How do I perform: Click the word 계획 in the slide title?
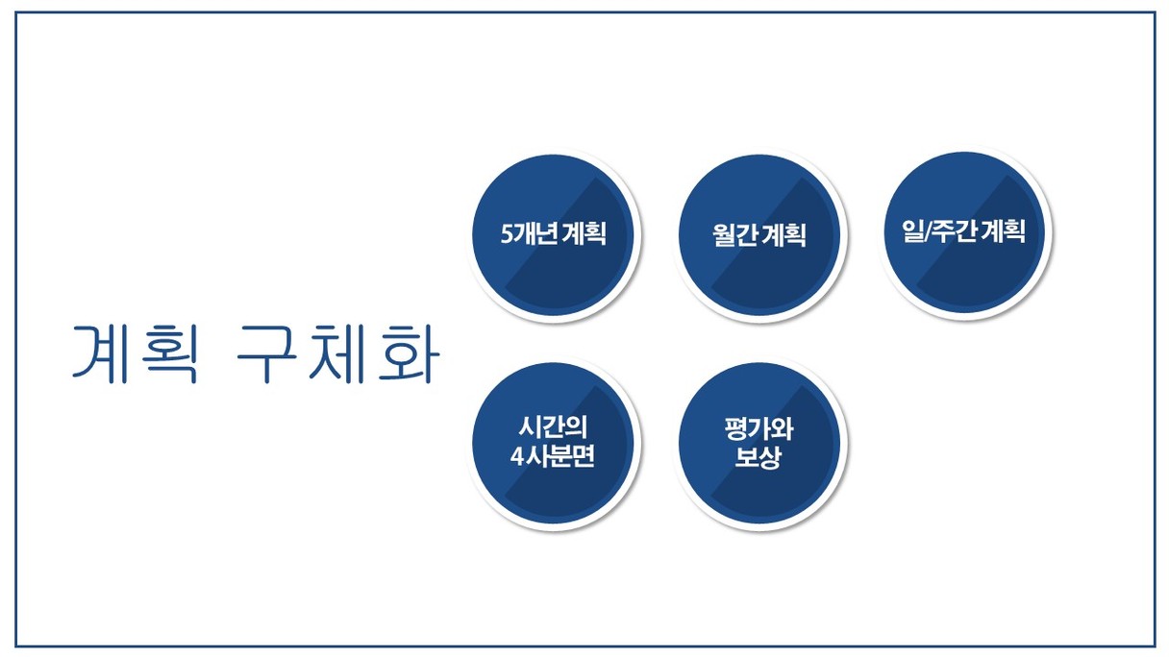[x=136, y=353]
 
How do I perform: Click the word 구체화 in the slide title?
[x=338, y=353]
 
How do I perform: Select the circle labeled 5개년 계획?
[x=553, y=234]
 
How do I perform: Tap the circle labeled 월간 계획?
[x=759, y=234]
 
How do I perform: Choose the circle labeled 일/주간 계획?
[x=964, y=232]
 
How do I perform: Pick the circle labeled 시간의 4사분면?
[x=553, y=443]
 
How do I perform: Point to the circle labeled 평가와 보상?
[x=759, y=443]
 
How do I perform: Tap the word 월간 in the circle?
[x=735, y=235]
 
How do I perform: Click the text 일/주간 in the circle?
[x=939, y=231]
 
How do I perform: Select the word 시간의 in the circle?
[x=553, y=427]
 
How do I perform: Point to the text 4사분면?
[x=552, y=456]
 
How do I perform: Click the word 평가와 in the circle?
[x=759, y=428]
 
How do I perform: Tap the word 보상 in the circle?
[x=759, y=457]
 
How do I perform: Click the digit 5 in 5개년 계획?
[x=507, y=234]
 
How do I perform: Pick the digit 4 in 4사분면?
[x=516, y=457]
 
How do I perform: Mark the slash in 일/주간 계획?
[x=928, y=231]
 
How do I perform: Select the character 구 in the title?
[x=266, y=354]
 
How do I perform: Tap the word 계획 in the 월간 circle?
[x=783, y=235]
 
